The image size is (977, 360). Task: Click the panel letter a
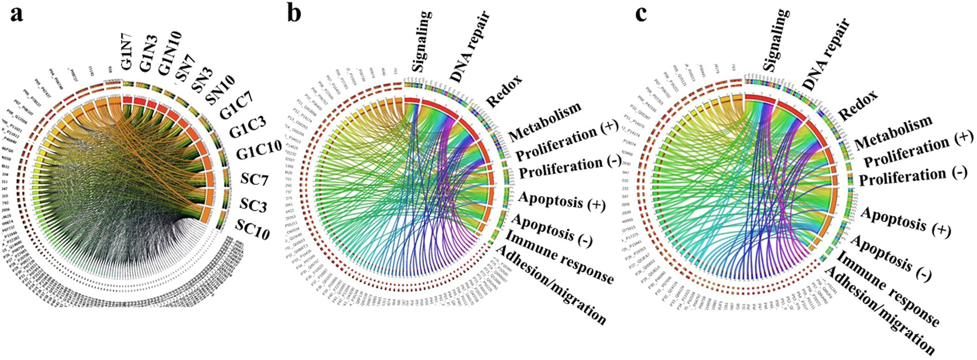point(17,13)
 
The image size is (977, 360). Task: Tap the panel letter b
point(294,13)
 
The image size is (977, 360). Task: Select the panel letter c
point(641,13)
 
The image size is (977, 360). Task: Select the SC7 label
point(254,180)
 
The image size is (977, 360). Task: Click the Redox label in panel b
point(504,91)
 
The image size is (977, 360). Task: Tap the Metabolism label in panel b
point(545,121)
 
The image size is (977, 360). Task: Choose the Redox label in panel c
point(858,105)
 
